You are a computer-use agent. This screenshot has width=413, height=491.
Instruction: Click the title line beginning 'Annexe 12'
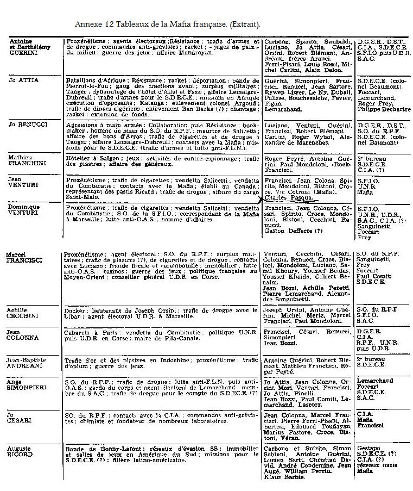(x=167, y=24)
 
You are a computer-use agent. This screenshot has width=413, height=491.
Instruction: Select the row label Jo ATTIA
(x=24, y=80)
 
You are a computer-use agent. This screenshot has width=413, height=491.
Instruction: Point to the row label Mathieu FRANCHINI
(x=25, y=161)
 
